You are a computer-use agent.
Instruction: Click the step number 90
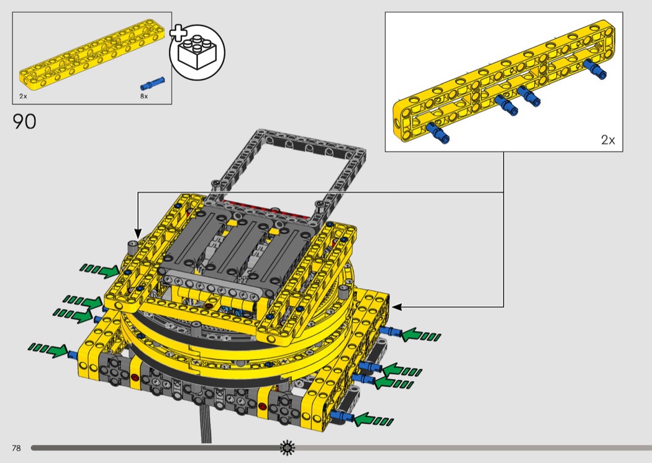click(25, 122)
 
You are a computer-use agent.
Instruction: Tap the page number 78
click(16, 448)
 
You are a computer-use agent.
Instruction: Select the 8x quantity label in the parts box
click(144, 96)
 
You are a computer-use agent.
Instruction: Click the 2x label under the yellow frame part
click(23, 96)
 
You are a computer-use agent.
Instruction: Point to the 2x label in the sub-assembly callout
click(608, 140)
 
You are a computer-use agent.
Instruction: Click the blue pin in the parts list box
click(153, 83)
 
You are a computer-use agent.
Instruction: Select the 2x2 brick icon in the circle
click(197, 52)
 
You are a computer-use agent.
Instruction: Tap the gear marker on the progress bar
click(288, 447)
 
